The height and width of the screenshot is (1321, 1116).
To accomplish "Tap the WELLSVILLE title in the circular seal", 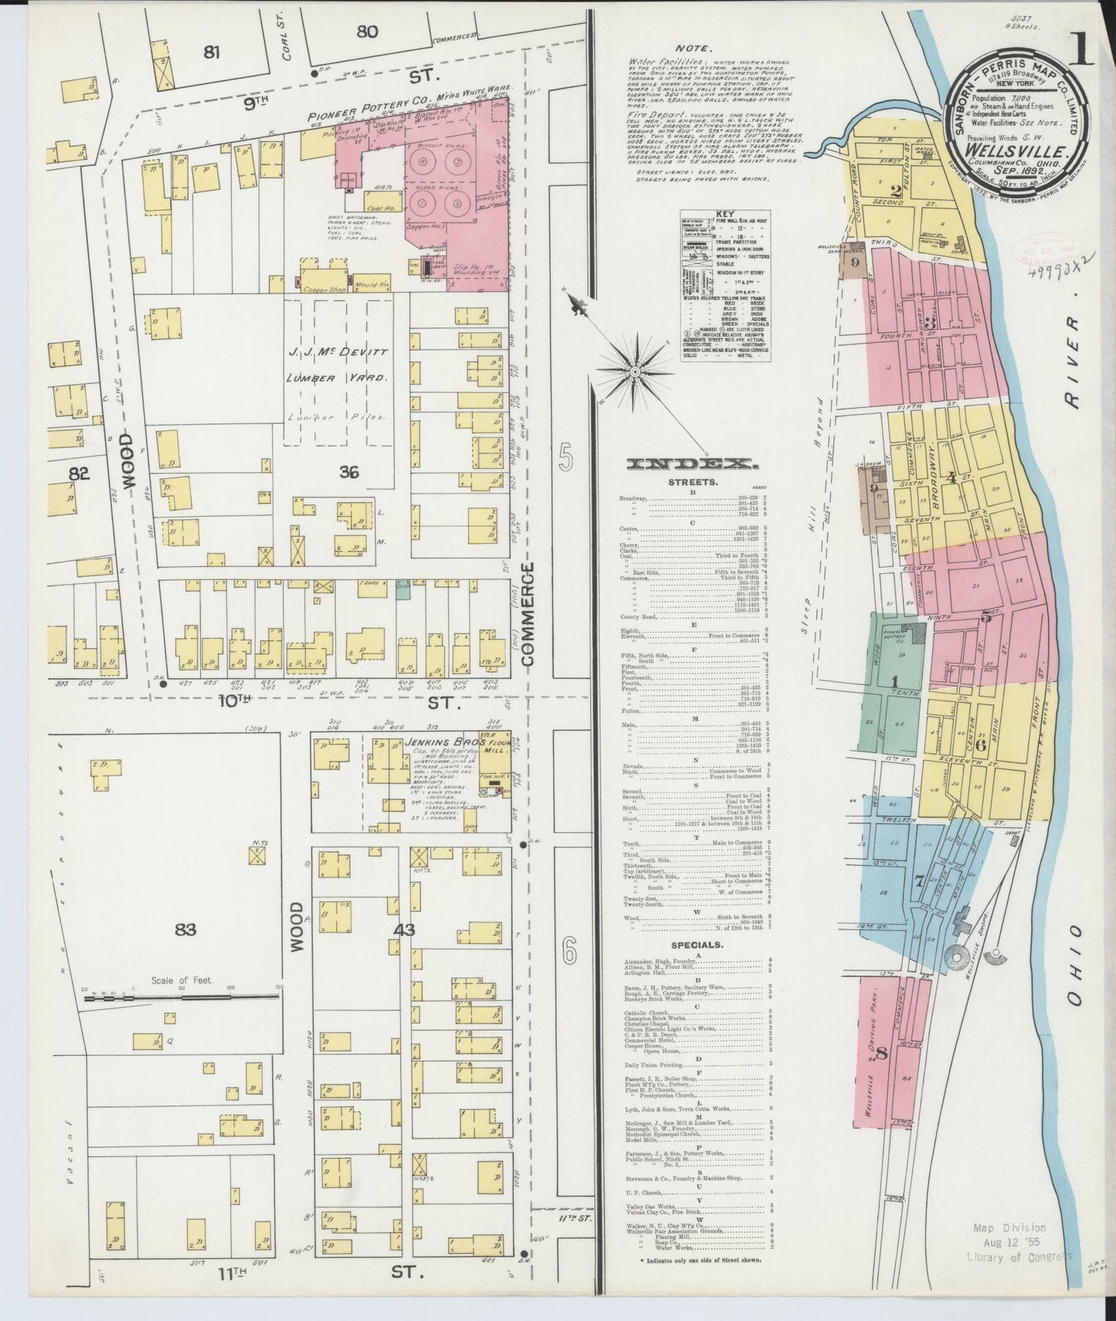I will coord(1023,151).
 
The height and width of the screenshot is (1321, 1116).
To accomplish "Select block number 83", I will coord(185,929).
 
